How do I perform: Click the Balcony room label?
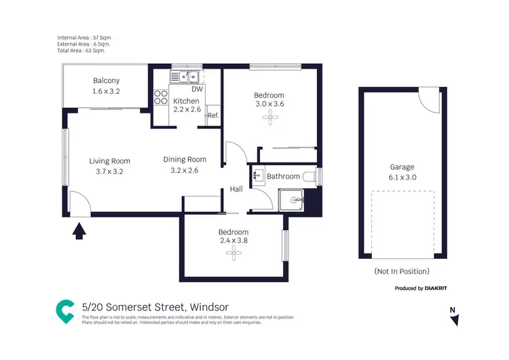106,81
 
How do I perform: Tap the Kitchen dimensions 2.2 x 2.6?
186,109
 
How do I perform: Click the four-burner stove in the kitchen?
162,97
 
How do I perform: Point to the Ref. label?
212,115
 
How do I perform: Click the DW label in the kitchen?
197,89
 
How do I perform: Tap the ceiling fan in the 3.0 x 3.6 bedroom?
269,118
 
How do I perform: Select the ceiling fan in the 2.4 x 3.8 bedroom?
233,253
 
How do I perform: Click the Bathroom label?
283,177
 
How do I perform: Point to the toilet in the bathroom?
310,177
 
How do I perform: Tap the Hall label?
236,190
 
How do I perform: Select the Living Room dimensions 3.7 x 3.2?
109,171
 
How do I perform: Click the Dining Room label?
185,160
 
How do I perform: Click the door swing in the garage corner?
428,101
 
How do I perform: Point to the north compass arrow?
455,319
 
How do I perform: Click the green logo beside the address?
65,310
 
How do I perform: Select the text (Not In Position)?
401,271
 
